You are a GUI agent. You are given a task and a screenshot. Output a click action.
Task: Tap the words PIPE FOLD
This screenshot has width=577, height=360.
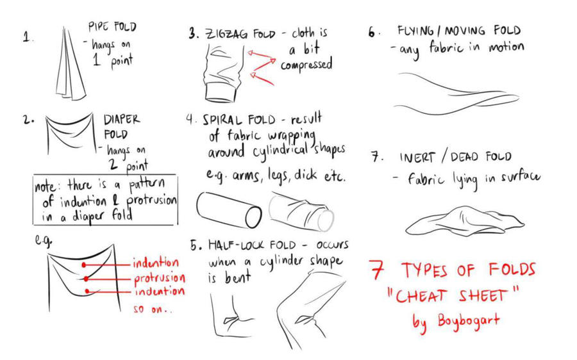(112, 28)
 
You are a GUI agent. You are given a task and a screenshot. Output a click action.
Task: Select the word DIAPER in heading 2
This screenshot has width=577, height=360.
(122, 120)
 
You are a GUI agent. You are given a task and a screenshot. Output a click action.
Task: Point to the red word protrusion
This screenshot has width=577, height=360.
(159, 279)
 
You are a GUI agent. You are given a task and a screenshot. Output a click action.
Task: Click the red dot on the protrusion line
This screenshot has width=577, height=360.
(85, 279)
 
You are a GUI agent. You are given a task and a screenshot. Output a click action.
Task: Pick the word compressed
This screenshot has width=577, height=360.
(306, 65)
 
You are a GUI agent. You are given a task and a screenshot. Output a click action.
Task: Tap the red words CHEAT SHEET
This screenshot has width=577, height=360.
(453, 297)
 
